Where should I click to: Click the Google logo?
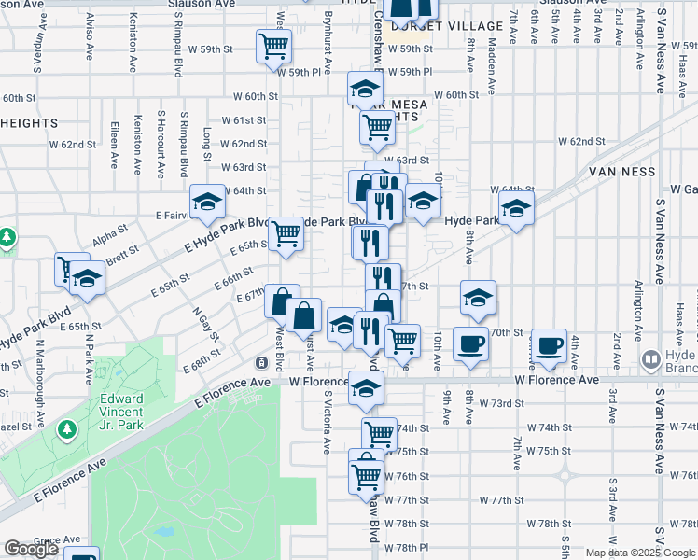pyautogui.click(x=31, y=549)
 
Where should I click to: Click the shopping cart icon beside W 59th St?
pyautogui.click(x=273, y=45)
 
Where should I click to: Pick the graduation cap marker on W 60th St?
pyautogui.click(x=366, y=90)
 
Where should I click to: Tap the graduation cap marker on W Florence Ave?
pyautogui.click(x=366, y=388)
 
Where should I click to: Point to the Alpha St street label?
pyautogui.click(x=109, y=231)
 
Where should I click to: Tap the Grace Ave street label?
pyautogui.click(x=57, y=539)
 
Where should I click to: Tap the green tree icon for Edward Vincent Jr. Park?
pyautogui.click(x=66, y=429)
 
